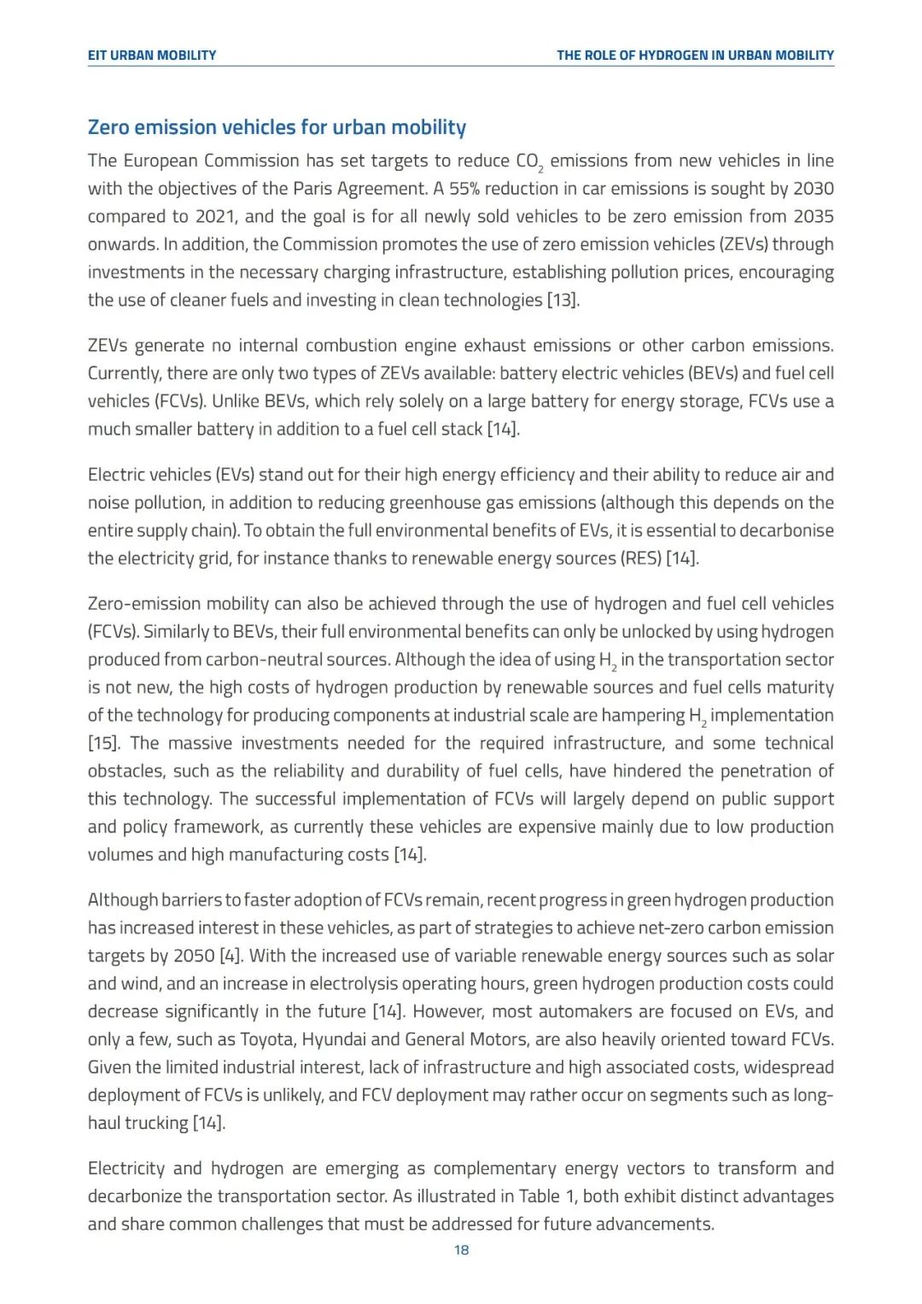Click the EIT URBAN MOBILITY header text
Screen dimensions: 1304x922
(152, 56)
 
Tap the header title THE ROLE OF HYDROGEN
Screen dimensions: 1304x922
(695, 56)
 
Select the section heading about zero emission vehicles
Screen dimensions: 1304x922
(277, 127)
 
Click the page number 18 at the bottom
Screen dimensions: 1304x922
(461, 1250)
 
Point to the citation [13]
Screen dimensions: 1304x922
(563, 301)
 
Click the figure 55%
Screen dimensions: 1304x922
(465, 189)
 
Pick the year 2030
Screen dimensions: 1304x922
(813, 189)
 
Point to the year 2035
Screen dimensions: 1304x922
(813, 217)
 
